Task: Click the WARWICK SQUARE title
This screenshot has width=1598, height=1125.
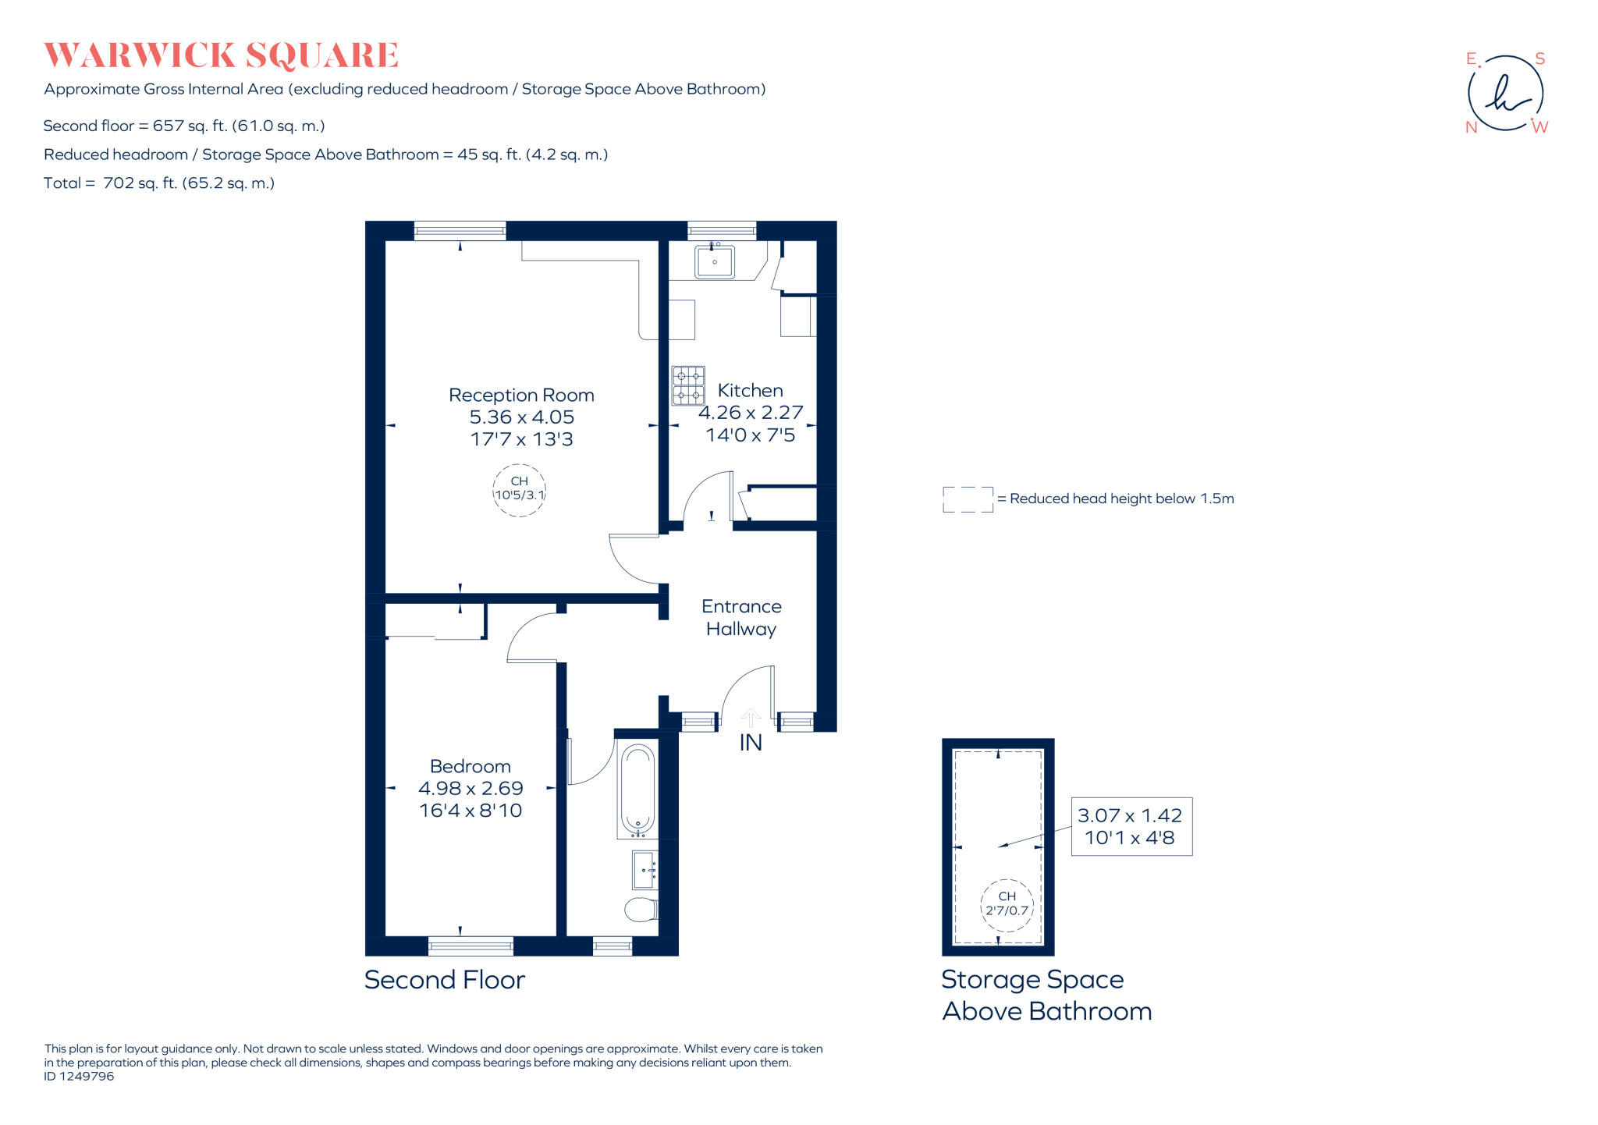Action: click(x=221, y=55)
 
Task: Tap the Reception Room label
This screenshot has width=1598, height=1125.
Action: click(x=521, y=396)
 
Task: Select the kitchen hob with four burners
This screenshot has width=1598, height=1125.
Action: click(x=688, y=385)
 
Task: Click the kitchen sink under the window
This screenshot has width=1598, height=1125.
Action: click(x=714, y=262)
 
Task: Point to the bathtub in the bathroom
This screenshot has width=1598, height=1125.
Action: click(x=637, y=790)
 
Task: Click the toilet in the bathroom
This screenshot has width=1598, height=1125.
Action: click(x=641, y=909)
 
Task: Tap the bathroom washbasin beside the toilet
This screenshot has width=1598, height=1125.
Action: click(x=645, y=870)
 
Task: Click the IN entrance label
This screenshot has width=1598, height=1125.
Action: click(x=751, y=743)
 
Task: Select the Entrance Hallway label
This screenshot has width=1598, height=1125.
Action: click(x=740, y=617)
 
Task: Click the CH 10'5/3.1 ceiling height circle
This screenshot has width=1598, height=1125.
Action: click(x=519, y=489)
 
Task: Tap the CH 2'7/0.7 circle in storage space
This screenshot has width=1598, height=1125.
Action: click(x=1007, y=904)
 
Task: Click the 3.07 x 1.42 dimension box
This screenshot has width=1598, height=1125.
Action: click(x=1131, y=826)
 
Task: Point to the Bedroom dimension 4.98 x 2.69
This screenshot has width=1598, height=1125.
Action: click(x=471, y=788)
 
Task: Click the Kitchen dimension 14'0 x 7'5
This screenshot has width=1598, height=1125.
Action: click(x=750, y=435)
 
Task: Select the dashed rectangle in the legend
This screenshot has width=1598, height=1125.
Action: click(x=968, y=499)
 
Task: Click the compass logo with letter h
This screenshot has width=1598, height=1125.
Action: click(x=1505, y=94)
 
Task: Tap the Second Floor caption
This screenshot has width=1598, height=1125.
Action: click(x=444, y=980)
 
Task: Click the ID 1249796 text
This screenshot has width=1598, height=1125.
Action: click(x=79, y=1077)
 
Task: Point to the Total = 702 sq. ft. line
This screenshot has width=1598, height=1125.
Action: click(x=159, y=183)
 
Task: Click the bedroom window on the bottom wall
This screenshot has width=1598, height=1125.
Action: click(x=471, y=946)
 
